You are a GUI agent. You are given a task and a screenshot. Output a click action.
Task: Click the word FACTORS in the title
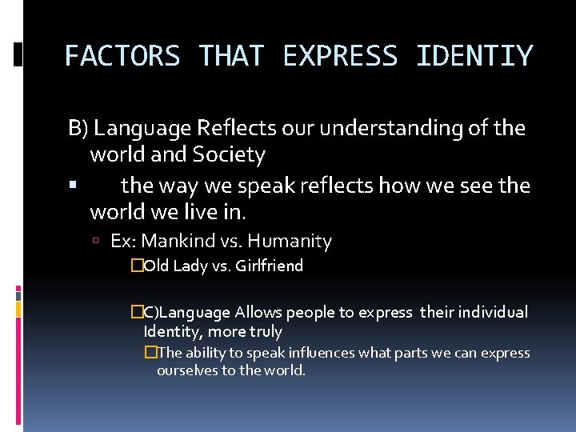[x=122, y=57]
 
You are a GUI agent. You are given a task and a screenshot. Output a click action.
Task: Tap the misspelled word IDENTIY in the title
[x=474, y=57]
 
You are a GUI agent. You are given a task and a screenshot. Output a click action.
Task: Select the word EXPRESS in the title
[x=339, y=57]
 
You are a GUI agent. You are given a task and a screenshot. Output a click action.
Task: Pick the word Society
[x=229, y=154]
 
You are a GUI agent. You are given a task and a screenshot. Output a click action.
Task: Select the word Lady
[x=190, y=266]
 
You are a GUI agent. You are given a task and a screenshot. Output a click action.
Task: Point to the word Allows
[x=257, y=313]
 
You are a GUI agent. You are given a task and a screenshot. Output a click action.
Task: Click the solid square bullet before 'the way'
[x=73, y=185]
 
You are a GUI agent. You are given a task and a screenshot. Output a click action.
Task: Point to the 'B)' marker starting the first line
[x=78, y=128]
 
